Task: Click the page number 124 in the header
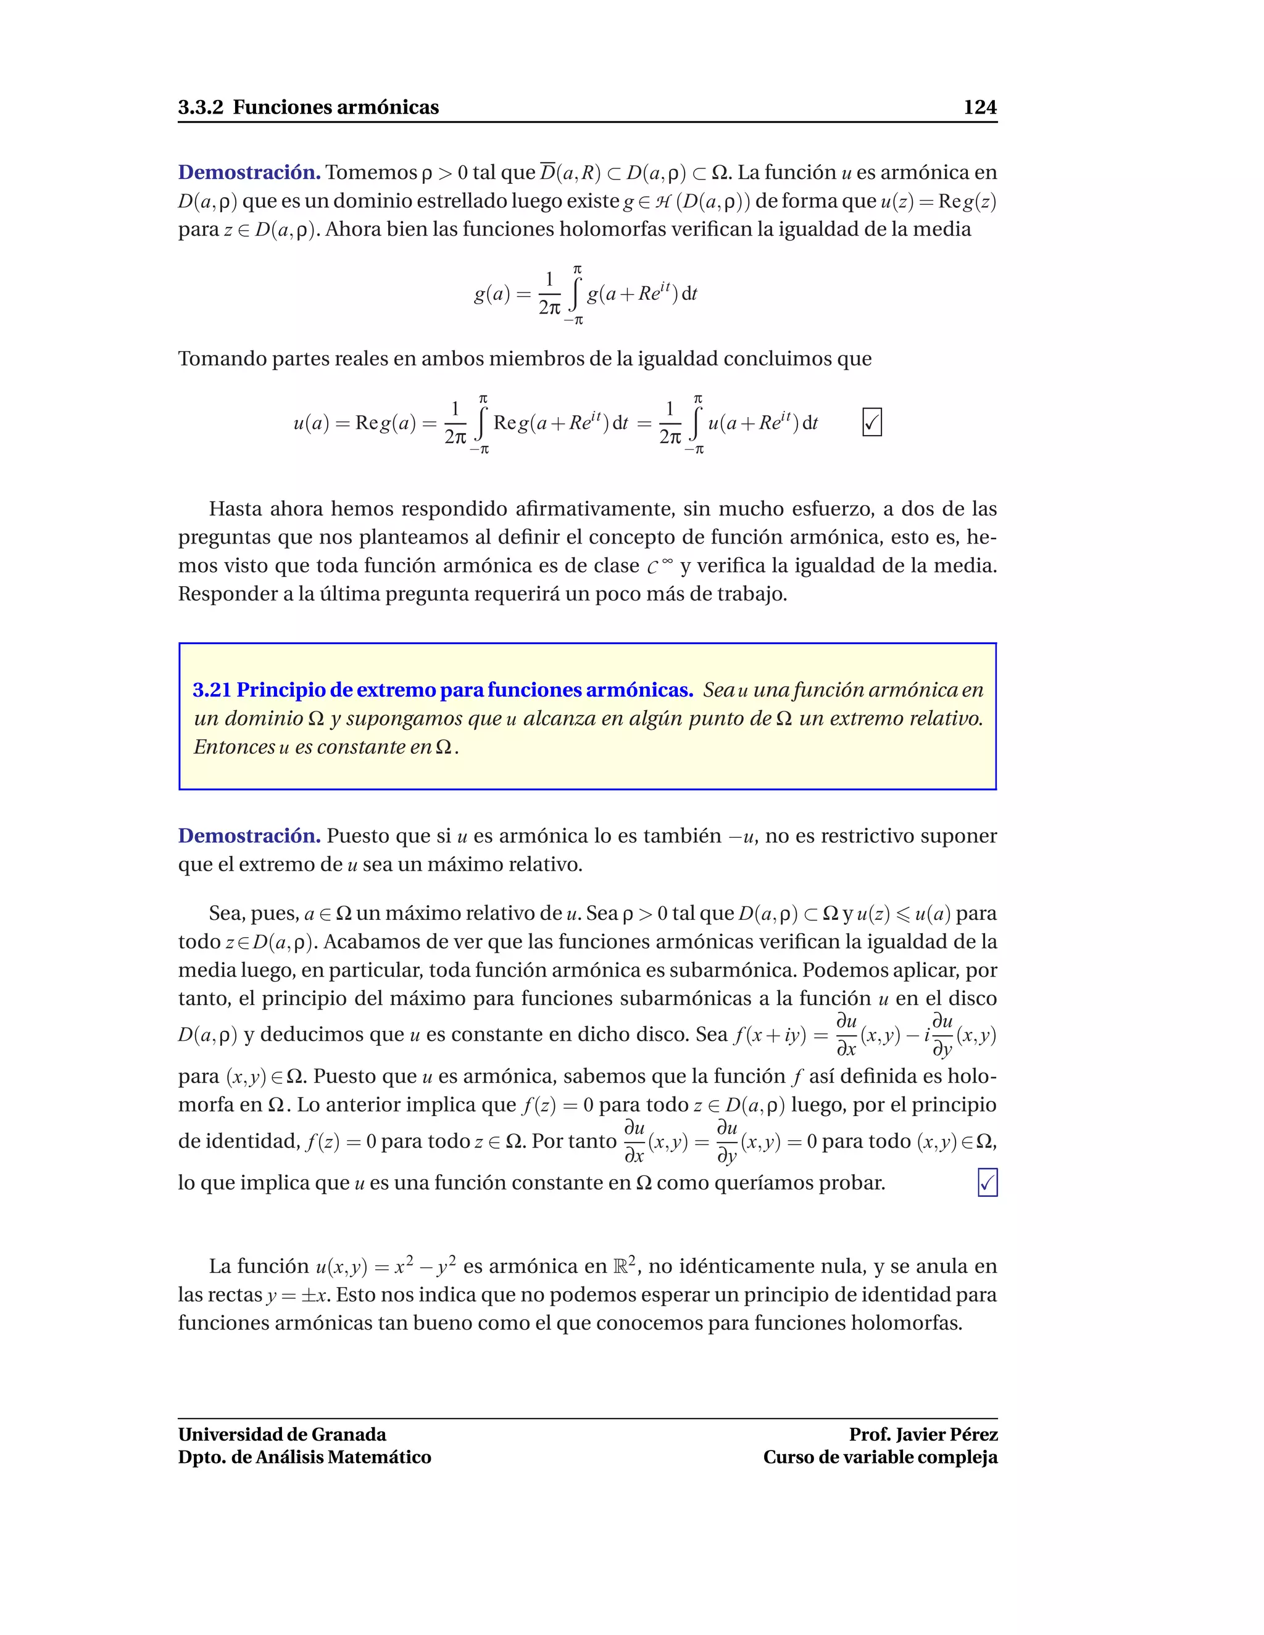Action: pos(979,107)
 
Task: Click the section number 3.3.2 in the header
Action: pos(200,107)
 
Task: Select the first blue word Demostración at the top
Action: pos(249,172)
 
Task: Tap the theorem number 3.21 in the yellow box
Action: pos(211,690)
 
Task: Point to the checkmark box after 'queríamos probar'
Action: pos(987,1183)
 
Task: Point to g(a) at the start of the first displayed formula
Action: pos(492,294)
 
